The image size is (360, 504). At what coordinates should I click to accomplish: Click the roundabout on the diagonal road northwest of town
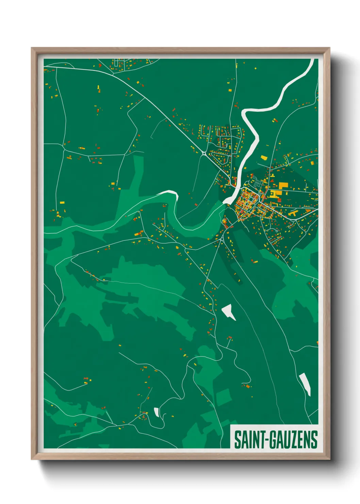(x=204, y=153)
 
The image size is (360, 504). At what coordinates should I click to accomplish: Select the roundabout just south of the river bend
(x=222, y=239)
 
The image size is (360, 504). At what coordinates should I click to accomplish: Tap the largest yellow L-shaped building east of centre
(x=283, y=186)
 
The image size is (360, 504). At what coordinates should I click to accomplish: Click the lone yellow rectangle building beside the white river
(x=264, y=158)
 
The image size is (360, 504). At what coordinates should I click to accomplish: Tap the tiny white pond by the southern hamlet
(x=157, y=412)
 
